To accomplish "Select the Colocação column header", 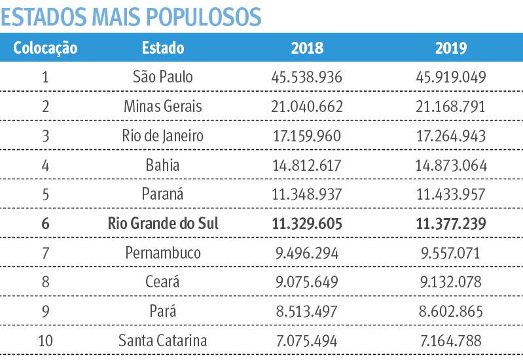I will tap(45, 48).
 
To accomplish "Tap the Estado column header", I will tap(163, 48).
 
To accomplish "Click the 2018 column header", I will tap(307, 48).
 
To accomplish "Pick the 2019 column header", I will tap(451, 48).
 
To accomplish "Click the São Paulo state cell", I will tap(163, 77).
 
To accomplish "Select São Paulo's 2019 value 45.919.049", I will tap(451, 77).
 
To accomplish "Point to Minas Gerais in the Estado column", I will tap(163, 106).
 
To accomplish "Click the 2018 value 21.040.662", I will tap(307, 106).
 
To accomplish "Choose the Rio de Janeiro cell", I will tap(163, 135).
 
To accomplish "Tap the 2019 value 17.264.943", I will tap(451, 135).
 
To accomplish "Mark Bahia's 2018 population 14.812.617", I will tap(307, 165).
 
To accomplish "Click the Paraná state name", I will tap(163, 194).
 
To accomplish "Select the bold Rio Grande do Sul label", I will tap(163, 224).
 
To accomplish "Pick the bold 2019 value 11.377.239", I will tap(451, 224).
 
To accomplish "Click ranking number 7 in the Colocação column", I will tap(45, 253).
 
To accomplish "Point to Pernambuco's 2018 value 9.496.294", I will tap(307, 253).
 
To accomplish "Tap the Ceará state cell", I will tap(163, 282).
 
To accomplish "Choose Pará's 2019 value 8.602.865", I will tap(451, 312).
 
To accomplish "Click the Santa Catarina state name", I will tap(163, 341).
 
